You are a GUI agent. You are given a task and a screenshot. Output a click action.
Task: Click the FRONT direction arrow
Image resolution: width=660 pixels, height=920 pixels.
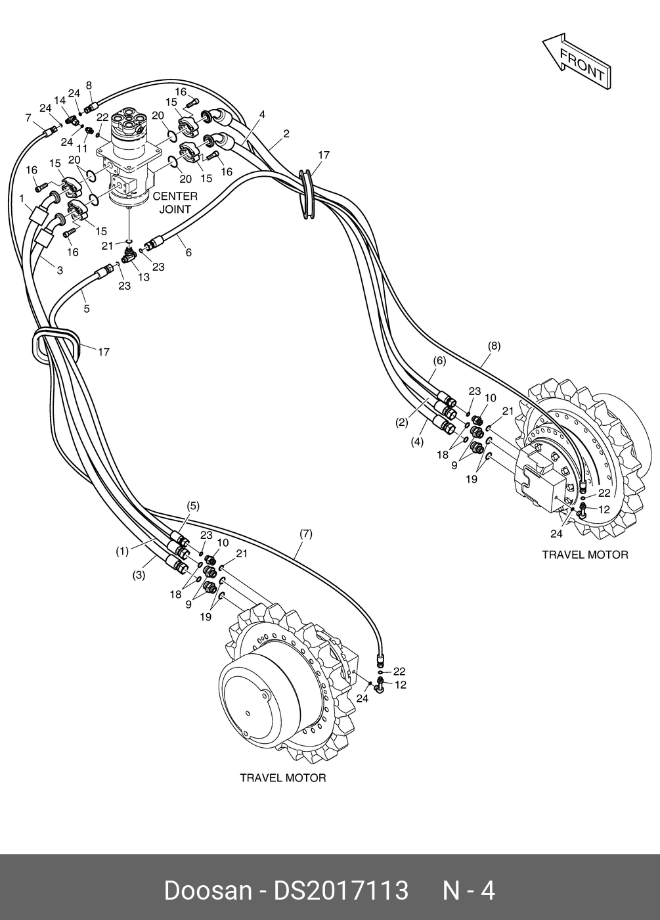[x=577, y=62]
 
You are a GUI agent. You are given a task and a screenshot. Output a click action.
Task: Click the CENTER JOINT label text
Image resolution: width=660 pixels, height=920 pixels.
[x=175, y=202]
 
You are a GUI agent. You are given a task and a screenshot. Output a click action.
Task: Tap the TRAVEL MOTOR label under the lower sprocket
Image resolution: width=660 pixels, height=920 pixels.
[x=282, y=778]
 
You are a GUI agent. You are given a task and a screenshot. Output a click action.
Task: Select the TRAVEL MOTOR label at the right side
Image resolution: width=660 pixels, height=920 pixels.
[x=584, y=555]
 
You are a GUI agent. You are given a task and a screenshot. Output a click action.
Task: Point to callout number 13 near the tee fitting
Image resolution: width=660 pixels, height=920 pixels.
[x=144, y=277]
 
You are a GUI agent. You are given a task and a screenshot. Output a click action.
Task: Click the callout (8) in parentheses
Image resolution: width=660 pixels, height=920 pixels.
[x=494, y=346]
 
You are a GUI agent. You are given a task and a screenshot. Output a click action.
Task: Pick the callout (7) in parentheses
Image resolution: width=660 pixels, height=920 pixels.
[x=305, y=534]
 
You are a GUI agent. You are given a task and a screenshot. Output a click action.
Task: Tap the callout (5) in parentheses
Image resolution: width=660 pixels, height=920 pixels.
[x=192, y=506]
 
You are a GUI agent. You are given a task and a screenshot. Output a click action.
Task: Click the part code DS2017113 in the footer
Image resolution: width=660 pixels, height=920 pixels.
[x=341, y=890]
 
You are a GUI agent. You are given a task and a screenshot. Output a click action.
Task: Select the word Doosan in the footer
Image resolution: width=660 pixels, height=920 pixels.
[x=208, y=890]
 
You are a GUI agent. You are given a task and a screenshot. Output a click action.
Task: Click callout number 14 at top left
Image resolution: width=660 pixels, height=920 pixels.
[x=60, y=101]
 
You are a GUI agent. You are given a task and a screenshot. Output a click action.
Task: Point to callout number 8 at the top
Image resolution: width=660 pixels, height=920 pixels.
[x=89, y=85]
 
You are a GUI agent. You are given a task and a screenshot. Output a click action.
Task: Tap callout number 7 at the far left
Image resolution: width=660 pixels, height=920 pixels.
[x=28, y=118]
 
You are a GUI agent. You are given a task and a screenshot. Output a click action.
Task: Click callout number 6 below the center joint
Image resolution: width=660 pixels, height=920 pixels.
[x=188, y=252]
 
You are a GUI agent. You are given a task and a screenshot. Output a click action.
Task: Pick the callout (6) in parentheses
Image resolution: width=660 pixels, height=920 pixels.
[x=439, y=361]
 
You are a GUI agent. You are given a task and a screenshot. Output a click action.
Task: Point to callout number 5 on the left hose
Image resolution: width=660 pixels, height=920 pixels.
[x=86, y=308]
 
